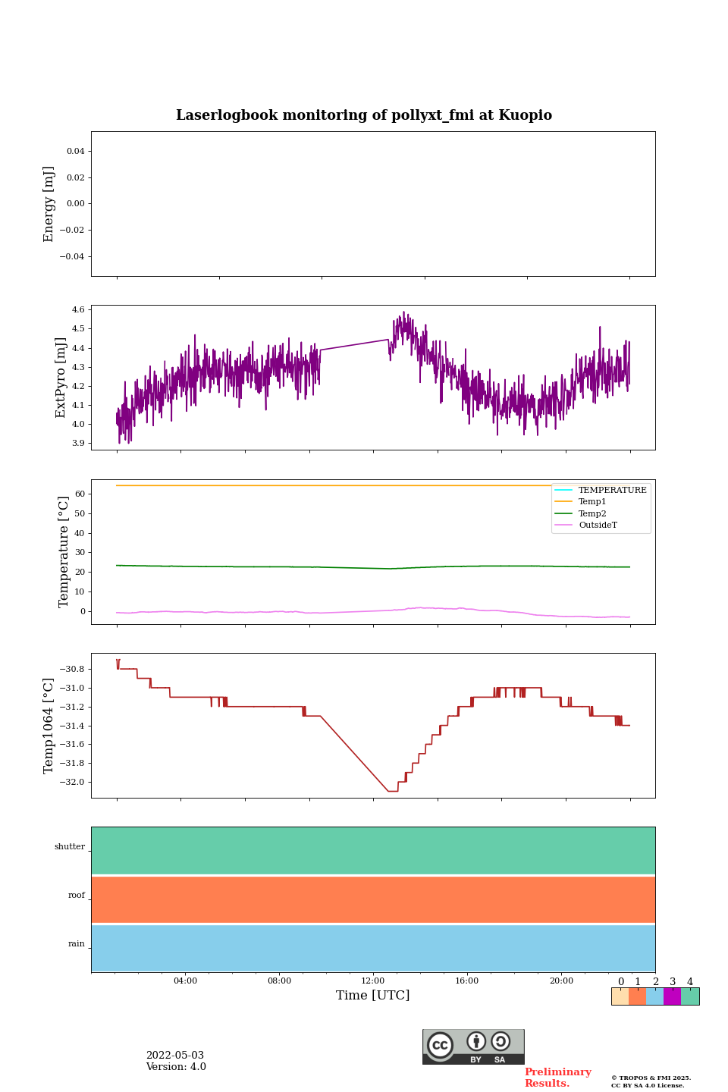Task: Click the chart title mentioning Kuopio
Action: pos(364,115)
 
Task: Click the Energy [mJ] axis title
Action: pos(49,204)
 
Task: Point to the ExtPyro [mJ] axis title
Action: pos(61,378)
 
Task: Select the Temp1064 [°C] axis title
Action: pos(49,726)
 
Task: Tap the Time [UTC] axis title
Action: pos(372,995)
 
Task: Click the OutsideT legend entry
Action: pos(598,526)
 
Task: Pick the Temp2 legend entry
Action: pos(592,514)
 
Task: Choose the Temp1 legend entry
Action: pos(592,502)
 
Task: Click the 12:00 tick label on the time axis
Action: pos(372,981)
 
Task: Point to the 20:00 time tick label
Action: pos(561,981)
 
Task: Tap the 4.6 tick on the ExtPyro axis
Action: pos(78,310)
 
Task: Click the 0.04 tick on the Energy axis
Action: pos(75,152)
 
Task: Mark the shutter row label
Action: pos(70,847)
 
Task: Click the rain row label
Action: pos(77,944)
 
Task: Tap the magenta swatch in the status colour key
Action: pos(672,996)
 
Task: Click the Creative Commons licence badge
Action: pos(473,1046)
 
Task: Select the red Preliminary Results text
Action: pos(557,1078)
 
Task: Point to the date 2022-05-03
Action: pos(175,1056)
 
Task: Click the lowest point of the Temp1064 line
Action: pos(393,791)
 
